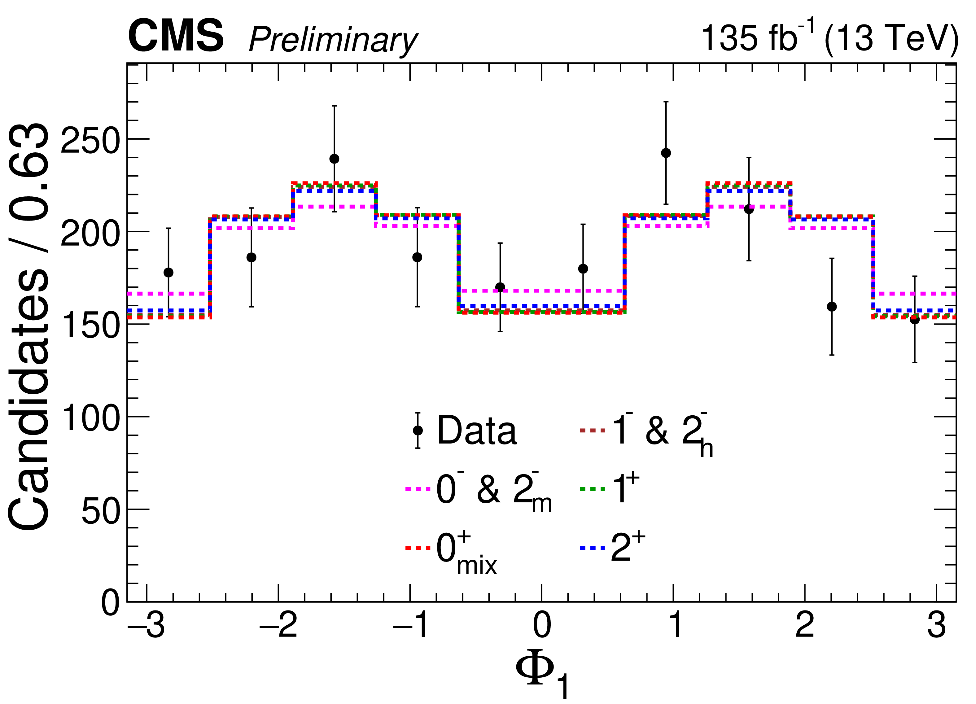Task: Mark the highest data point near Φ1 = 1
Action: pos(666,153)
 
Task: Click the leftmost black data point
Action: pos(169,272)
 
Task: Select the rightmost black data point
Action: pos(914,319)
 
